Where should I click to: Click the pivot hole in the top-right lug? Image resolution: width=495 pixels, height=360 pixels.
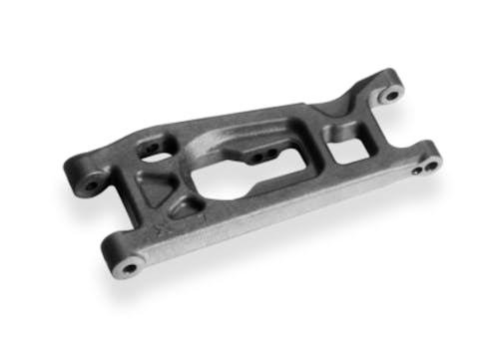391,96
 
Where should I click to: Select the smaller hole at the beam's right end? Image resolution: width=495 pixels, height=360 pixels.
417,171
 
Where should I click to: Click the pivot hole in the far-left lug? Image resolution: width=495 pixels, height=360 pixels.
92,184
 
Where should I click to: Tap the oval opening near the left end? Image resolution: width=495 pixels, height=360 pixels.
151,149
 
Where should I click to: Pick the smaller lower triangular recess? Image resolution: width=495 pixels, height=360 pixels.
185,208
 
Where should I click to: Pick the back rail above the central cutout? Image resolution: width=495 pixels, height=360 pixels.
249,122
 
